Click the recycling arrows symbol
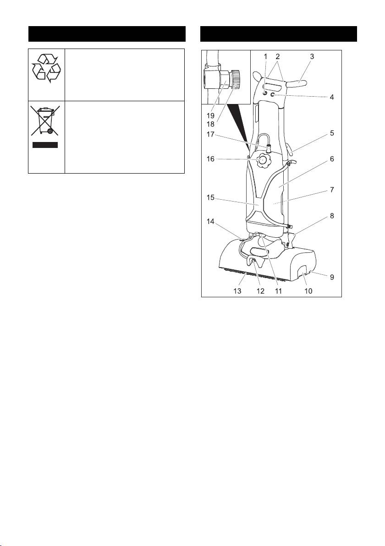coord(46,68)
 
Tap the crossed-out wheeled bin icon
coord(45,120)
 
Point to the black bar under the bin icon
coord(45,145)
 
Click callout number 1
coord(265,56)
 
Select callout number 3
coord(312,56)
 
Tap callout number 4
coord(332,97)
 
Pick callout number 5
coord(332,133)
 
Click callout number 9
coord(332,277)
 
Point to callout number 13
coord(237,291)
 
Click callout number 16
coord(210,159)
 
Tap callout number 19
coord(210,115)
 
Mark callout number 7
coord(332,190)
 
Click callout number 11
coord(278,291)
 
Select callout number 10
coord(308,291)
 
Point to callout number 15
coord(210,197)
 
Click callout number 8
coord(332,216)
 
